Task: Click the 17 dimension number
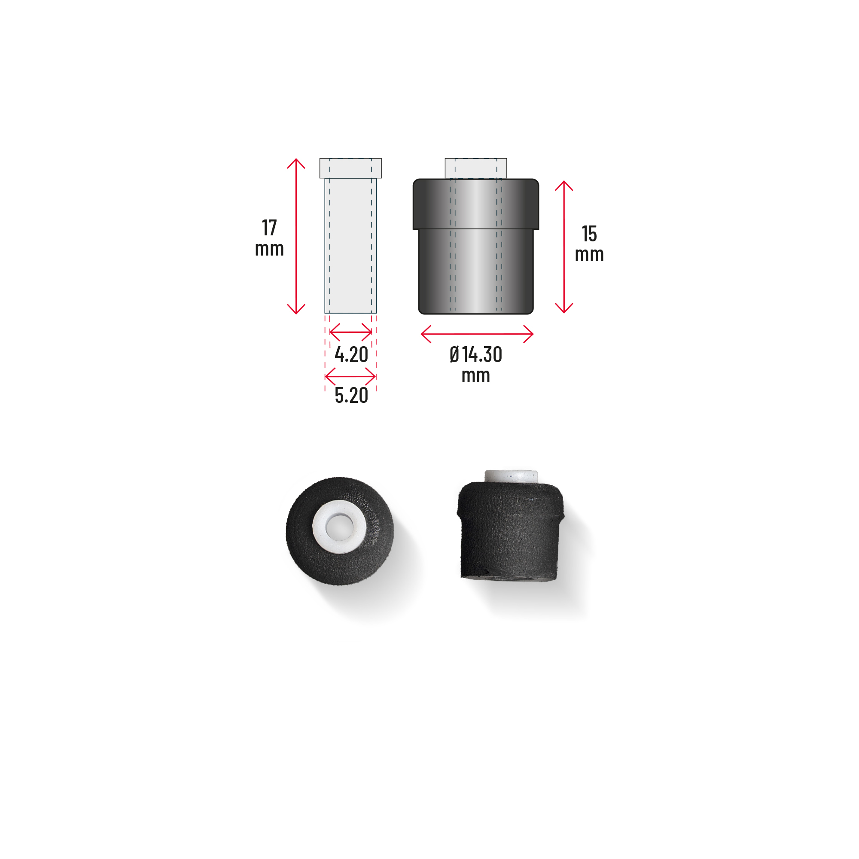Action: tap(269, 228)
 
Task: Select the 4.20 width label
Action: tap(351, 355)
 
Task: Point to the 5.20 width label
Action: tap(351, 395)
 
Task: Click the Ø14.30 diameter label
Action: tap(476, 355)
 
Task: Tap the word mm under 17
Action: tap(269, 249)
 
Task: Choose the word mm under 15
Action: tap(589, 255)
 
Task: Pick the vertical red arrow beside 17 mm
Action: tap(296, 236)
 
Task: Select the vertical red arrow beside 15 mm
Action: tap(564, 247)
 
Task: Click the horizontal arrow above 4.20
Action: tap(351, 332)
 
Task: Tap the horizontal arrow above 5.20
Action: tap(350, 377)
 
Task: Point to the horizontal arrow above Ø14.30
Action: tap(477, 334)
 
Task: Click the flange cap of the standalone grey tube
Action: tap(350, 168)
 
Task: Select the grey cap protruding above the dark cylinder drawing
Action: tap(476, 168)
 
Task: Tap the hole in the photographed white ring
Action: tap(339, 527)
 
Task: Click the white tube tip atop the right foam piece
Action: tap(511, 475)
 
